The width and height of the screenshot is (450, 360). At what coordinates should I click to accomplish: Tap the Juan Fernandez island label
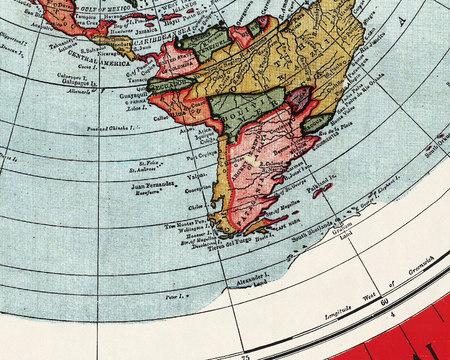point(152,185)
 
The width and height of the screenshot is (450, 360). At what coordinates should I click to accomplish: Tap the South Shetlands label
point(313,231)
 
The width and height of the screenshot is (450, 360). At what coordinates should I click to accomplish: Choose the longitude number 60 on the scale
point(384,302)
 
